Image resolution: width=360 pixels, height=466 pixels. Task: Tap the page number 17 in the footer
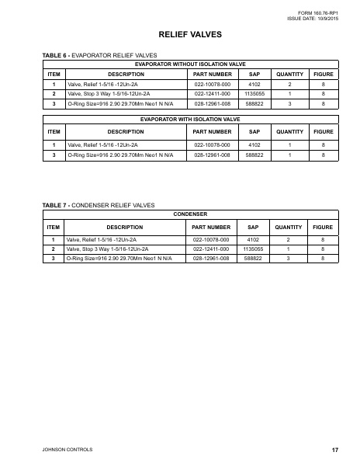point(334,450)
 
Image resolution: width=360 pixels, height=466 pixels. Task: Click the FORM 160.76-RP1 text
point(319,12)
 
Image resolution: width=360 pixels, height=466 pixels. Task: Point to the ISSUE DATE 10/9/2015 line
point(314,18)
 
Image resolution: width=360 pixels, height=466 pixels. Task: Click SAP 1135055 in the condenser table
point(253,249)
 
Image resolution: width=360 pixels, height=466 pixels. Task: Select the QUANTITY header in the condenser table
point(289,227)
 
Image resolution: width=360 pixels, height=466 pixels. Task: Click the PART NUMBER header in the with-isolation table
point(212,132)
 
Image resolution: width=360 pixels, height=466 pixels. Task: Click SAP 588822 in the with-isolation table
point(253,155)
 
